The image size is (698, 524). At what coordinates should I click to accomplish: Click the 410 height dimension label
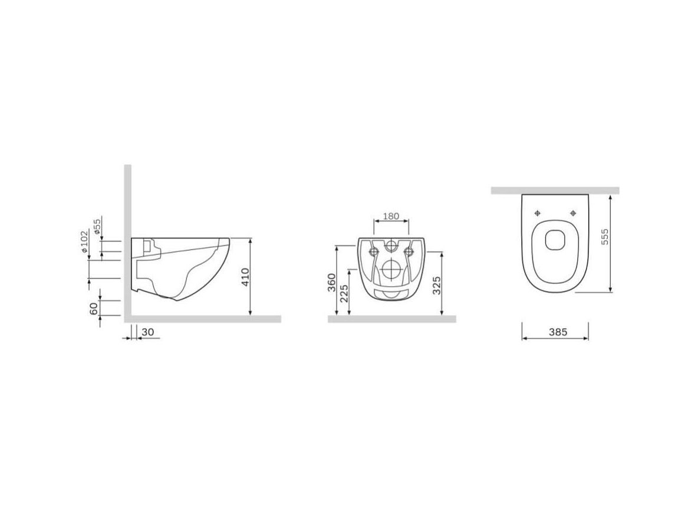[245, 277]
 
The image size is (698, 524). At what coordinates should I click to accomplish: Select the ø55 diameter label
[97, 227]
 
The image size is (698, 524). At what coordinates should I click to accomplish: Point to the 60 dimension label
[94, 308]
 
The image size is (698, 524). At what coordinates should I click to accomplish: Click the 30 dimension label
[147, 332]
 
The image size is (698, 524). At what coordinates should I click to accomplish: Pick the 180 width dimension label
[391, 216]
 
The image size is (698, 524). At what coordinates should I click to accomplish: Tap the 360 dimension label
[332, 283]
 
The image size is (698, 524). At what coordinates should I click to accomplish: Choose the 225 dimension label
[344, 293]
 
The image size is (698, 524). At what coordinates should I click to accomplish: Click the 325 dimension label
[437, 285]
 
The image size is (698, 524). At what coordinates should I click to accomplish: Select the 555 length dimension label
[604, 237]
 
